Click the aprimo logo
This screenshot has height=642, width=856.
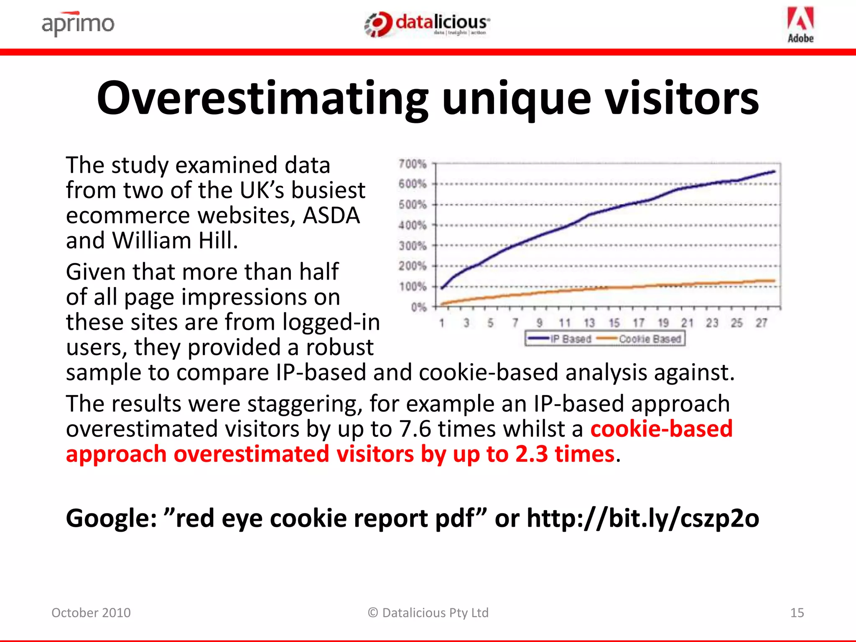[78, 24]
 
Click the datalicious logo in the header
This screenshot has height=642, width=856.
[427, 24]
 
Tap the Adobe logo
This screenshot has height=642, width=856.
[800, 25]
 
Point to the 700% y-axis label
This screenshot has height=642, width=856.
[412, 164]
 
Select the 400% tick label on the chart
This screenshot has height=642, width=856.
[412, 225]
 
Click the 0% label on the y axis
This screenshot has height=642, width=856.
[418, 307]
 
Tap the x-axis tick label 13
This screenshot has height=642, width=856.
[589, 323]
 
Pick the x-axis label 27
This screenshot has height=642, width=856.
[761, 323]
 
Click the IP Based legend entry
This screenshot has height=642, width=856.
[560, 339]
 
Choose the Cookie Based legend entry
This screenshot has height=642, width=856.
[640, 339]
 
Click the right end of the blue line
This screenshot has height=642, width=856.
[774, 171]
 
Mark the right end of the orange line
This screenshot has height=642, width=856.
[774, 281]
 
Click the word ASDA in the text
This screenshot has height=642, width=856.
[331, 216]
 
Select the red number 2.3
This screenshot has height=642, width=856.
[531, 454]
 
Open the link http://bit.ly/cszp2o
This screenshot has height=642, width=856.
[642, 518]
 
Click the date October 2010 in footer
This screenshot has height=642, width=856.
[91, 613]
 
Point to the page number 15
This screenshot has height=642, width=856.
[797, 613]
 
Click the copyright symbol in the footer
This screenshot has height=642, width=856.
[373, 613]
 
